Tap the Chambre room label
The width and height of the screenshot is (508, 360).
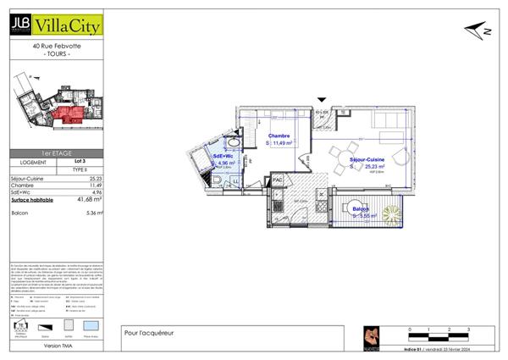(279, 136)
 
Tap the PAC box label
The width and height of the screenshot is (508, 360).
(277, 180)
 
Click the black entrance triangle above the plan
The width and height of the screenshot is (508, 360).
(321, 100)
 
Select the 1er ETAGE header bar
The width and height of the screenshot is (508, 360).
(55, 154)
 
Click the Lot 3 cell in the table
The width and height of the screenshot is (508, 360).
(80, 161)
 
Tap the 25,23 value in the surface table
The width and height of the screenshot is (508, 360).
(94, 179)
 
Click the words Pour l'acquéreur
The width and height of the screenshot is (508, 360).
(149, 332)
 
